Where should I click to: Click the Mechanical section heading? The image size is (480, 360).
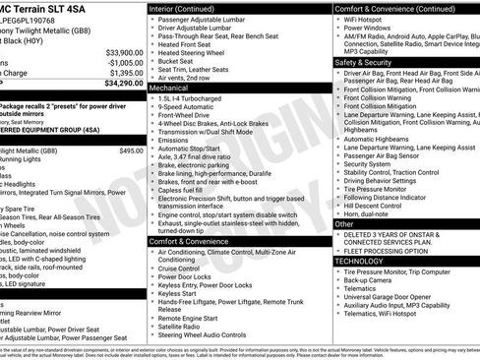pyautogui.click(x=170, y=88)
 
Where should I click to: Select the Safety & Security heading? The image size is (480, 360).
pyautogui.click(x=363, y=61)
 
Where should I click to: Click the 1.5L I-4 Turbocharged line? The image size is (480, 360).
pyautogui.click(x=196, y=99)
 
